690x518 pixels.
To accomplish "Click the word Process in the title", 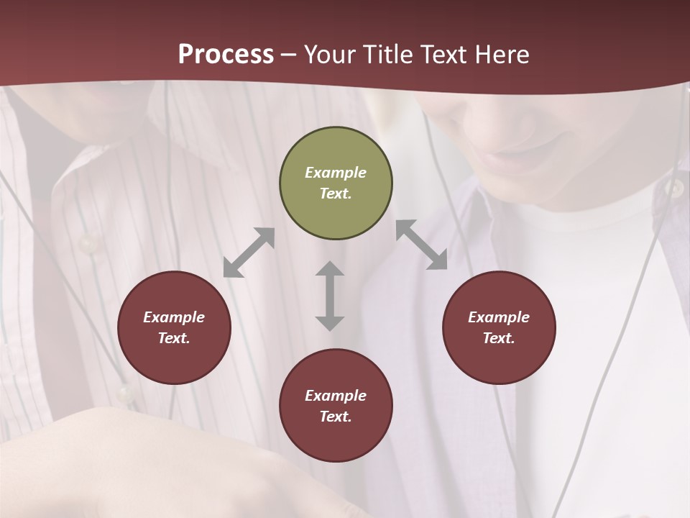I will (226, 55).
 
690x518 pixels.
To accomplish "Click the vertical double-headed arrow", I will (330, 296).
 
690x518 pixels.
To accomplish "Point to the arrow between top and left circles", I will (249, 253).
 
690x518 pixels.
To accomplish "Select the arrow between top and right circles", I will (421, 245).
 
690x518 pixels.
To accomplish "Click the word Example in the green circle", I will (336, 173).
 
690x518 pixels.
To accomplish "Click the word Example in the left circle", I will (174, 317).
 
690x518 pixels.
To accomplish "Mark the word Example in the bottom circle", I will (336, 396).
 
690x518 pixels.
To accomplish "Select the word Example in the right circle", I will (499, 317).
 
